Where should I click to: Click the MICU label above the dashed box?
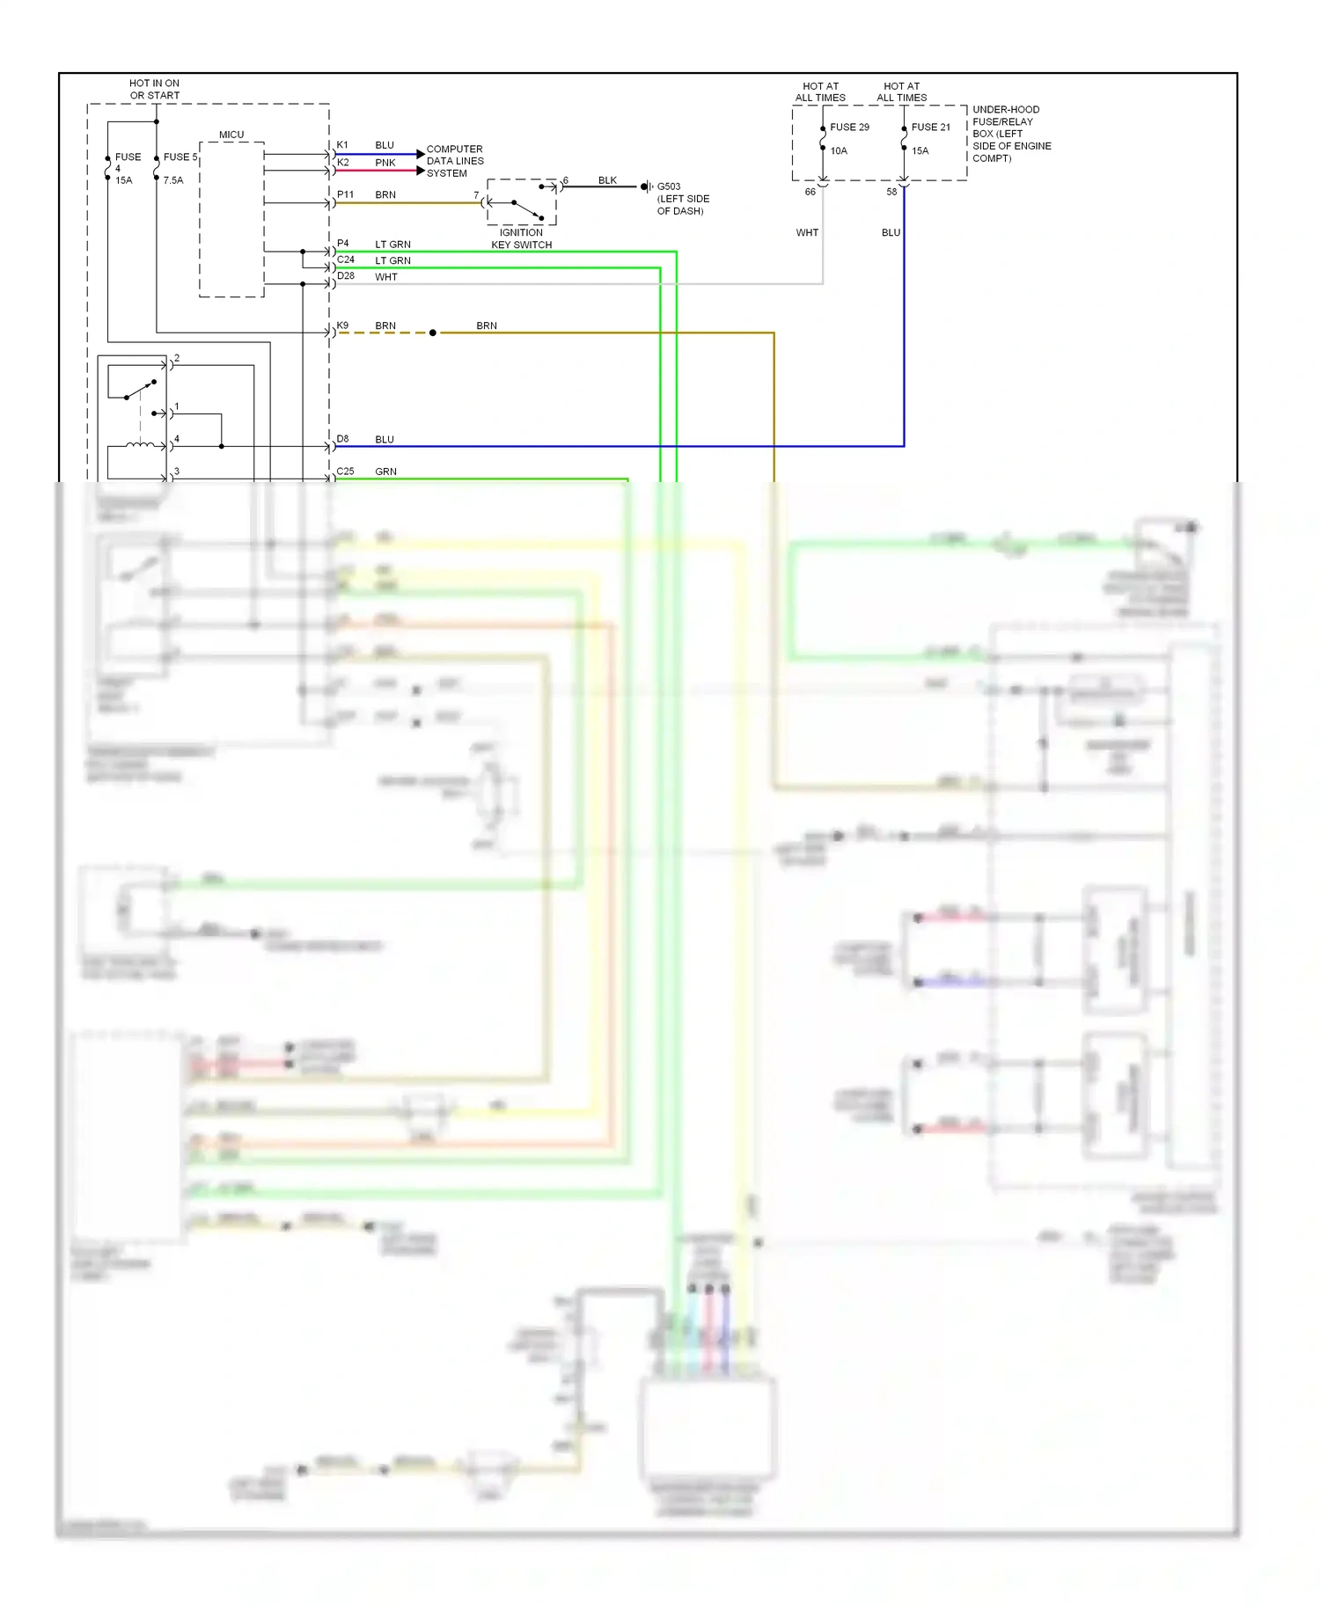[231, 135]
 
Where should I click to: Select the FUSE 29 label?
[849, 127]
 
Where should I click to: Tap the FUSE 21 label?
[930, 127]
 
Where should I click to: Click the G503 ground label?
[669, 186]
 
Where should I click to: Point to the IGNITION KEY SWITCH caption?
[521, 239]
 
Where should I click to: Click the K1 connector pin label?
[342, 145]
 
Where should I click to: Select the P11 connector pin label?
[345, 194]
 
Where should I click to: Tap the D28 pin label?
[346, 276]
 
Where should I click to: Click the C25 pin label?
[345, 471]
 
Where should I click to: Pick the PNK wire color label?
[385, 163]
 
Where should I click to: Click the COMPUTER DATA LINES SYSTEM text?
[454, 161]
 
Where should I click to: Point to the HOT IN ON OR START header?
[154, 89]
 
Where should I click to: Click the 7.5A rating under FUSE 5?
[173, 180]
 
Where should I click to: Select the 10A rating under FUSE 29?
[839, 150]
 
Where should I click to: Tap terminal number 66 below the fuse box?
[810, 192]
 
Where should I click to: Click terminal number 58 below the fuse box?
[891, 192]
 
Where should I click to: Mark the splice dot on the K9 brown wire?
[432, 333]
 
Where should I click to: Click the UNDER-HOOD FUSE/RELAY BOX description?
[1010, 134]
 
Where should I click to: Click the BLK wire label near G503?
[607, 180]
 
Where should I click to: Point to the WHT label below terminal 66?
[807, 233]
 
